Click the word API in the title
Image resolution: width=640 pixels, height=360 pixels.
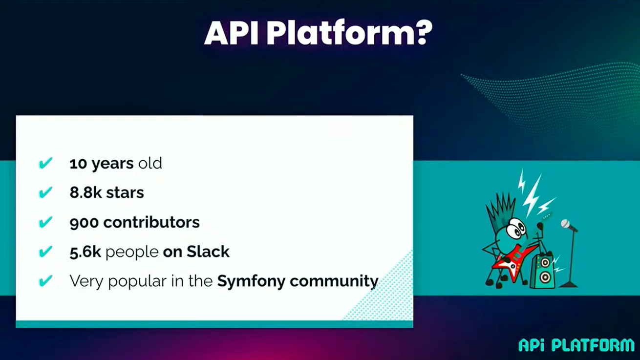point(232,33)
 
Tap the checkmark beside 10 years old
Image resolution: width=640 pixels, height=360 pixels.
point(46,163)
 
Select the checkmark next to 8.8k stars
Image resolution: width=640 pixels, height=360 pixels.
point(46,192)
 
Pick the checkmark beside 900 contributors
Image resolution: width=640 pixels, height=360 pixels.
point(46,222)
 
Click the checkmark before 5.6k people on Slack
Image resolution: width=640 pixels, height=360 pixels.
point(46,252)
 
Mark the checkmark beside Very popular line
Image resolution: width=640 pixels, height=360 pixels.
point(46,280)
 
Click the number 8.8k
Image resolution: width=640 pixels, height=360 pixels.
point(85,192)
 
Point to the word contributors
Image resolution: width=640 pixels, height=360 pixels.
point(151,222)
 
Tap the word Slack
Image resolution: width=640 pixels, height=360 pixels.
point(208,252)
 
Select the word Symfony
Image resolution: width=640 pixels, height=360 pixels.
point(251,282)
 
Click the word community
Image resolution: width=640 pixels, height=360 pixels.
point(334,282)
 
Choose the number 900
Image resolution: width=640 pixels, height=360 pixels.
point(84,223)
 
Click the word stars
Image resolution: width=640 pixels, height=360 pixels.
point(125,193)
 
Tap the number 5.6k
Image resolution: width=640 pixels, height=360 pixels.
point(85,252)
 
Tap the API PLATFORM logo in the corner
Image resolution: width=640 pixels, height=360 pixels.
point(576,345)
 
